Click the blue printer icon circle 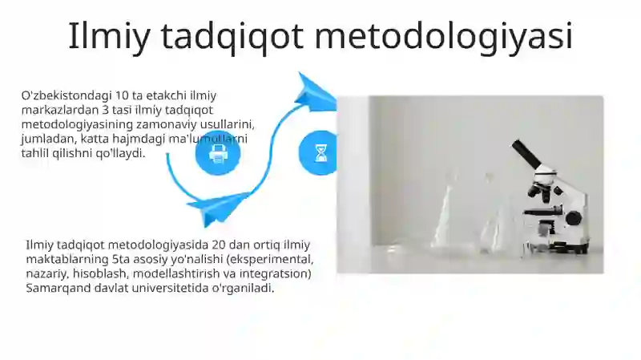tap(218, 153)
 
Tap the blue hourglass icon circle tap(320, 152)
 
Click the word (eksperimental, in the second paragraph tap(271, 260)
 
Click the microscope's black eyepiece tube tap(527, 154)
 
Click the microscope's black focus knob tap(573, 217)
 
